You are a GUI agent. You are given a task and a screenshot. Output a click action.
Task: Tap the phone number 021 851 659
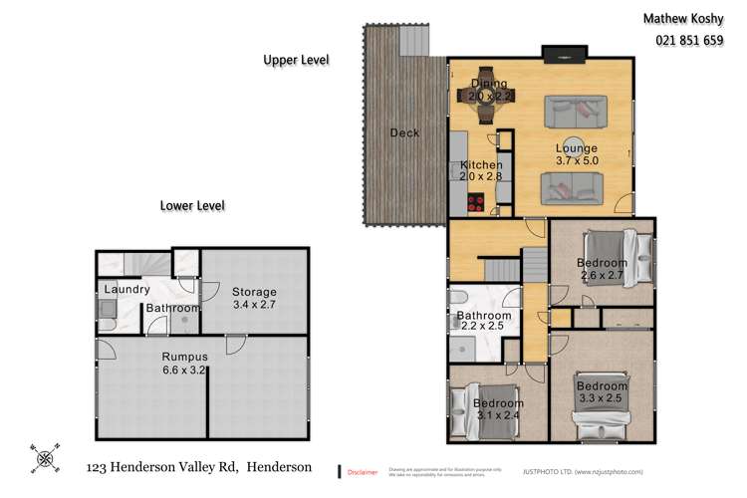point(690,41)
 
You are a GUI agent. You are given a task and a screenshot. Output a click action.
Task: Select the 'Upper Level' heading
point(296,60)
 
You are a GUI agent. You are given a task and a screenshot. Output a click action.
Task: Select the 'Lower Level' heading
point(192,206)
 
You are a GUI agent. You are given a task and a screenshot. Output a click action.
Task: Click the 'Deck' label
point(404,132)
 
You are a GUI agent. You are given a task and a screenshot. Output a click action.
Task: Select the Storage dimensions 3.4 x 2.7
point(255,306)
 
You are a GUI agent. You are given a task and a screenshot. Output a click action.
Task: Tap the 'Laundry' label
point(125,290)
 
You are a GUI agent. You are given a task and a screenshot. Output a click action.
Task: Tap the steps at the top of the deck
point(413,40)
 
